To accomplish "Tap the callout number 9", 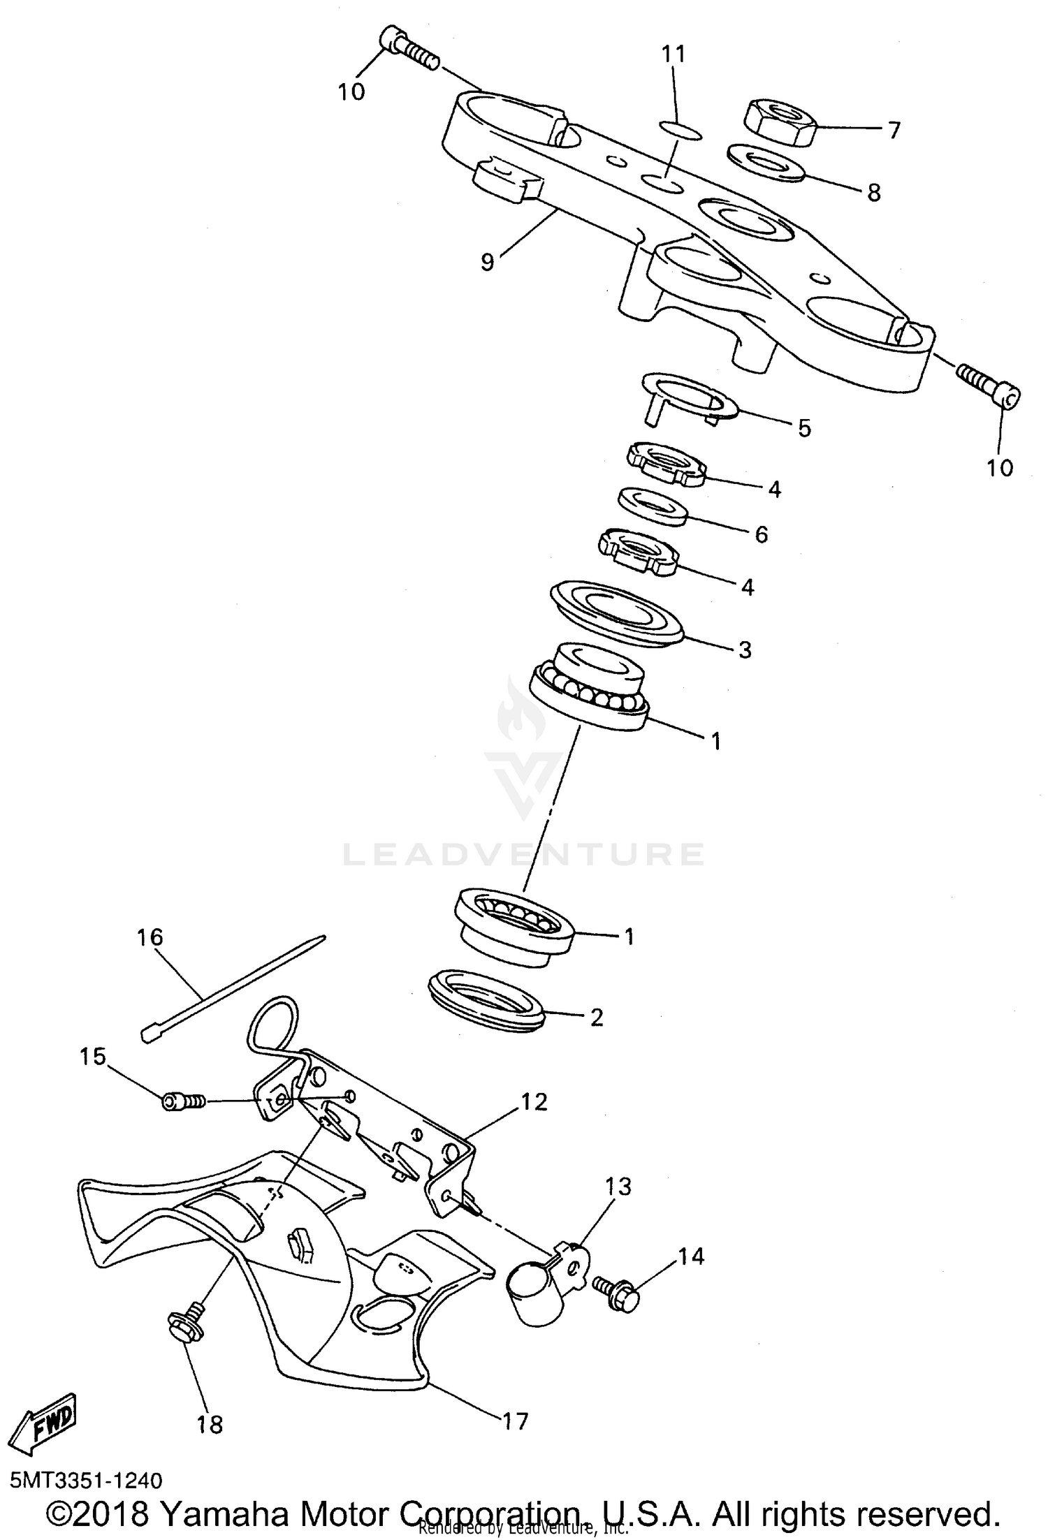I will pyautogui.click(x=487, y=262).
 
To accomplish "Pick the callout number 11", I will pyautogui.click(x=674, y=54).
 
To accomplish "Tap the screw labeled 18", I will pyautogui.click(x=185, y=1323).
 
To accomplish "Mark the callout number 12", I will pyautogui.click(x=534, y=1102).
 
